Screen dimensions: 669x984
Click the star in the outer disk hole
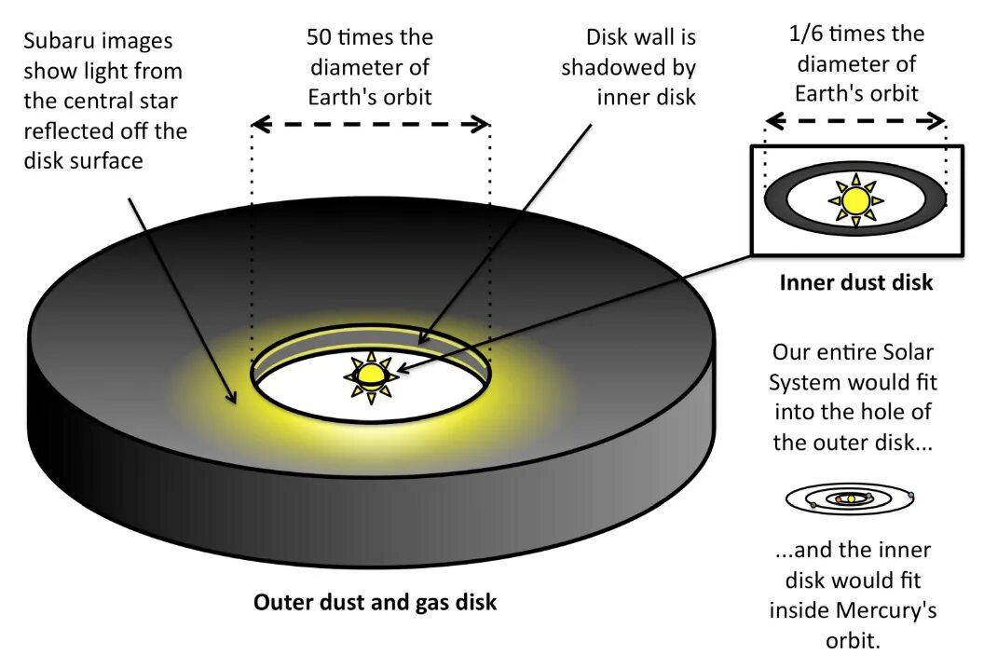pos(371,375)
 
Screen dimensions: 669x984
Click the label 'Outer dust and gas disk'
pos(375,602)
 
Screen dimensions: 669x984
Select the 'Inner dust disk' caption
pos(855,282)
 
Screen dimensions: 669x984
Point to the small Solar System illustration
pos(849,498)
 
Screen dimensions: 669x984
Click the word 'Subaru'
pos(61,42)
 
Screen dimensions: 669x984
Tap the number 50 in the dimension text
pos(320,37)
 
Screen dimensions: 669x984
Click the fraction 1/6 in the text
pos(809,34)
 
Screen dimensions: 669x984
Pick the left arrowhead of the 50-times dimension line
pos(257,124)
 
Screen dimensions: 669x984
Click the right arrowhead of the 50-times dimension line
pos(484,124)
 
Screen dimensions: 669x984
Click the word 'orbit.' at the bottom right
pos(853,641)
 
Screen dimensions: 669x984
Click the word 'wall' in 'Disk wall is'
pos(652,37)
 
